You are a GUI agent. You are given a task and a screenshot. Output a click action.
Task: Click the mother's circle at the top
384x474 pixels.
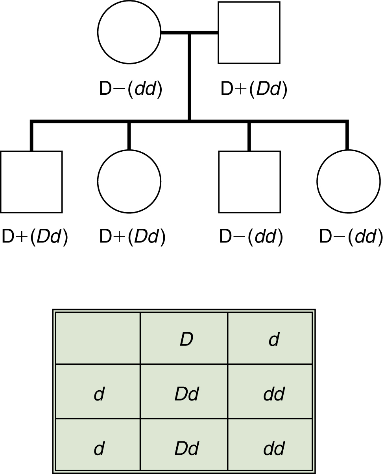tap(129, 32)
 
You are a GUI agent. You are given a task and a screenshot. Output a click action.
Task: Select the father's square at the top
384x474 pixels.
tap(249, 33)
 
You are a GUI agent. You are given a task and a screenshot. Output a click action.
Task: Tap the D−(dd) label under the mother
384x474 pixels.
tap(131, 90)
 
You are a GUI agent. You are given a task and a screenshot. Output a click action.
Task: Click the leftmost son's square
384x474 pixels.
tap(31, 182)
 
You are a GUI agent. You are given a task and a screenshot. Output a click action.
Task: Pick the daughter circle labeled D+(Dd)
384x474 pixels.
tap(129, 182)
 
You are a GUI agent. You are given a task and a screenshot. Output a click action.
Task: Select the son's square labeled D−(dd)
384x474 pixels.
tap(249, 182)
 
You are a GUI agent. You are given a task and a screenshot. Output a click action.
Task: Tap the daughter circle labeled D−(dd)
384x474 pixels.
tap(349, 182)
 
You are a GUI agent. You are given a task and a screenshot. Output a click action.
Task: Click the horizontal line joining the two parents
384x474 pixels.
tap(189, 32)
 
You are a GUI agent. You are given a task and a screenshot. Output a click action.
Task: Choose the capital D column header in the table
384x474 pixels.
tap(186, 339)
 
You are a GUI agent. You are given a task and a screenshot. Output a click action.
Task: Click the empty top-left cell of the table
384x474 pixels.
tap(98, 338)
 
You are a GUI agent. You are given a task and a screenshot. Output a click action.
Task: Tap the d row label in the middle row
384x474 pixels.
tap(99, 394)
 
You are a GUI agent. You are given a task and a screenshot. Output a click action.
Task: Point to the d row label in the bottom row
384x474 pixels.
tap(99, 448)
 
